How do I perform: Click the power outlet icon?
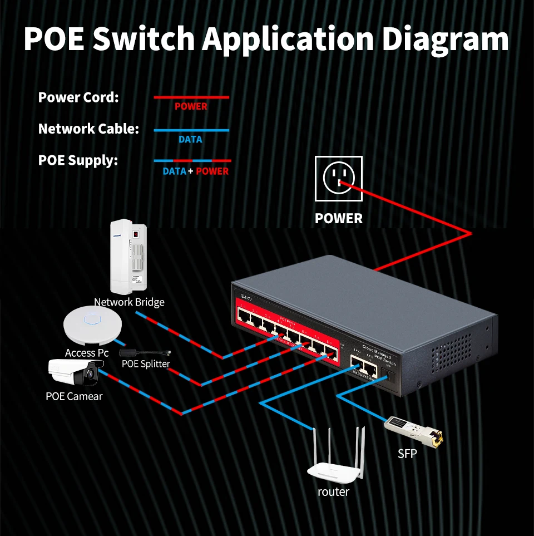(x=338, y=178)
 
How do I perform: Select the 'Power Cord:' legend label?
(x=78, y=97)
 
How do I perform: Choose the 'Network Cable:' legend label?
(x=88, y=129)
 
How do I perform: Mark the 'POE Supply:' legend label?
(x=78, y=161)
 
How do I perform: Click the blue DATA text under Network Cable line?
(x=190, y=140)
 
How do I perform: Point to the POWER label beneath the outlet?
(x=338, y=219)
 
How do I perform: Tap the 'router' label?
(x=333, y=492)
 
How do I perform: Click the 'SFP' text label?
(x=407, y=454)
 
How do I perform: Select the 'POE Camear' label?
(x=74, y=396)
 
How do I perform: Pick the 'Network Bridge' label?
(x=129, y=302)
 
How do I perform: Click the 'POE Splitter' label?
(x=146, y=364)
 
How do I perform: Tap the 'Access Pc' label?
(x=87, y=353)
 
